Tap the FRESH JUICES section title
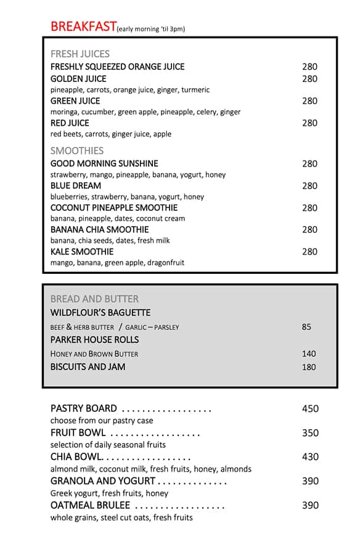click(x=80, y=54)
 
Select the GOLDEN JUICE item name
click(x=78, y=79)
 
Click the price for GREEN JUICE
click(x=309, y=101)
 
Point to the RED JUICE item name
click(x=70, y=123)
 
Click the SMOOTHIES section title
click(x=77, y=150)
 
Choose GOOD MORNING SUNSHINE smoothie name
click(x=104, y=164)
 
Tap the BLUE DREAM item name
click(x=76, y=186)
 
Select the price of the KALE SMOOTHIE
click(x=309, y=252)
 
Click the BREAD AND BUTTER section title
click(x=94, y=299)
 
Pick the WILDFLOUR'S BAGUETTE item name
click(x=100, y=313)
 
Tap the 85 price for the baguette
click(x=306, y=327)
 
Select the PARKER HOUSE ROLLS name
click(x=95, y=340)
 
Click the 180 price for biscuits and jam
click(x=309, y=368)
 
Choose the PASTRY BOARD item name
click(x=84, y=408)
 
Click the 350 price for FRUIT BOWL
click(x=310, y=433)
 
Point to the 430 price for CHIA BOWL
click(x=310, y=457)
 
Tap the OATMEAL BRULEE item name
click(x=90, y=506)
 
